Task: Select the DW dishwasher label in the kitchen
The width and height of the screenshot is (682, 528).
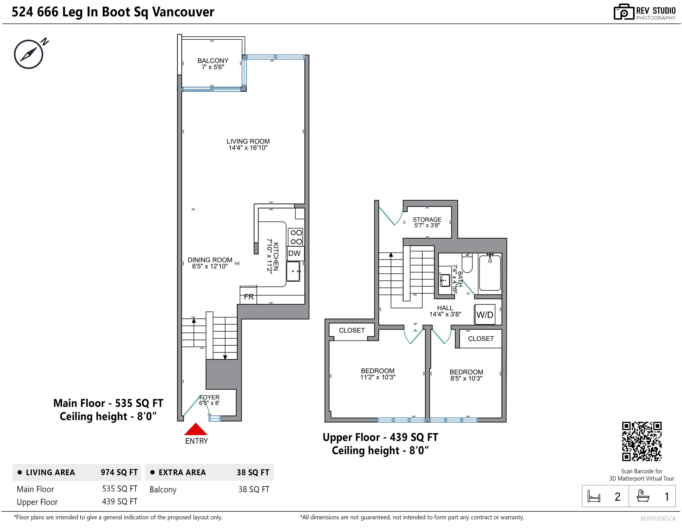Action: click(x=294, y=253)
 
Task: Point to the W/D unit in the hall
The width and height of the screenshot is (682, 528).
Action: click(x=485, y=314)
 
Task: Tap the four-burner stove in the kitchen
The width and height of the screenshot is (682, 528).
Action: click(x=296, y=237)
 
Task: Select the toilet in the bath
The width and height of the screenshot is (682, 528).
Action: click(x=467, y=263)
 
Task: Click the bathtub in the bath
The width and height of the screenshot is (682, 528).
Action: click(x=490, y=273)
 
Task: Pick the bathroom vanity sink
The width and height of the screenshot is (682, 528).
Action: click(x=445, y=280)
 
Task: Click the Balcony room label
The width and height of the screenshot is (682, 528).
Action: click(x=213, y=60)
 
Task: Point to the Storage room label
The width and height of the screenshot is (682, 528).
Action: click(x=427, y=220)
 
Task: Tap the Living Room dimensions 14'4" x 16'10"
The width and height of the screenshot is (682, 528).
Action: click(x=248, y=148)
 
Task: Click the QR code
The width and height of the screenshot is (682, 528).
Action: click(x=642, y=442)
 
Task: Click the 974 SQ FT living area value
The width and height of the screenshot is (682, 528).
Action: click(x=119, y=472)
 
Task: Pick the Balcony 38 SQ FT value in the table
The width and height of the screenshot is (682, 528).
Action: click(x=253, y=489)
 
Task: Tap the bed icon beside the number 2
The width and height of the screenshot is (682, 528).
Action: click(x=594, y=496)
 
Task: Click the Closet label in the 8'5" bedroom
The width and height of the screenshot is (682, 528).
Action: click(x=481, y=339)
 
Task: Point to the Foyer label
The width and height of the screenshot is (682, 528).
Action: click(x=209, y=397)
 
